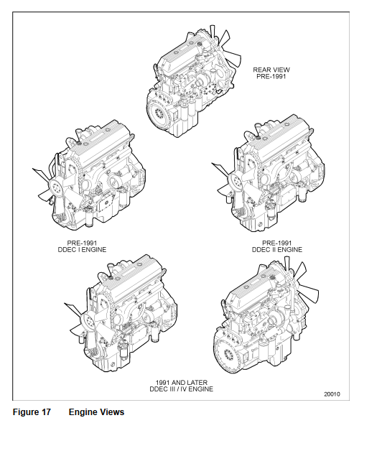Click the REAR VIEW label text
271,70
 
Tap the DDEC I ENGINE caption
82,250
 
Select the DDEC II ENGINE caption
277,250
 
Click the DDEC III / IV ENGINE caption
182,389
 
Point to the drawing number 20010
332,394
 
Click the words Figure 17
32,412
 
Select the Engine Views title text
96,412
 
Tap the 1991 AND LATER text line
182,383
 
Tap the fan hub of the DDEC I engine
56,188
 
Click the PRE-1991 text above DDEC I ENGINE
82,243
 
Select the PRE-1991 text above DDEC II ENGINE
277,243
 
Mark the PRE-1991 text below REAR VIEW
271,76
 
